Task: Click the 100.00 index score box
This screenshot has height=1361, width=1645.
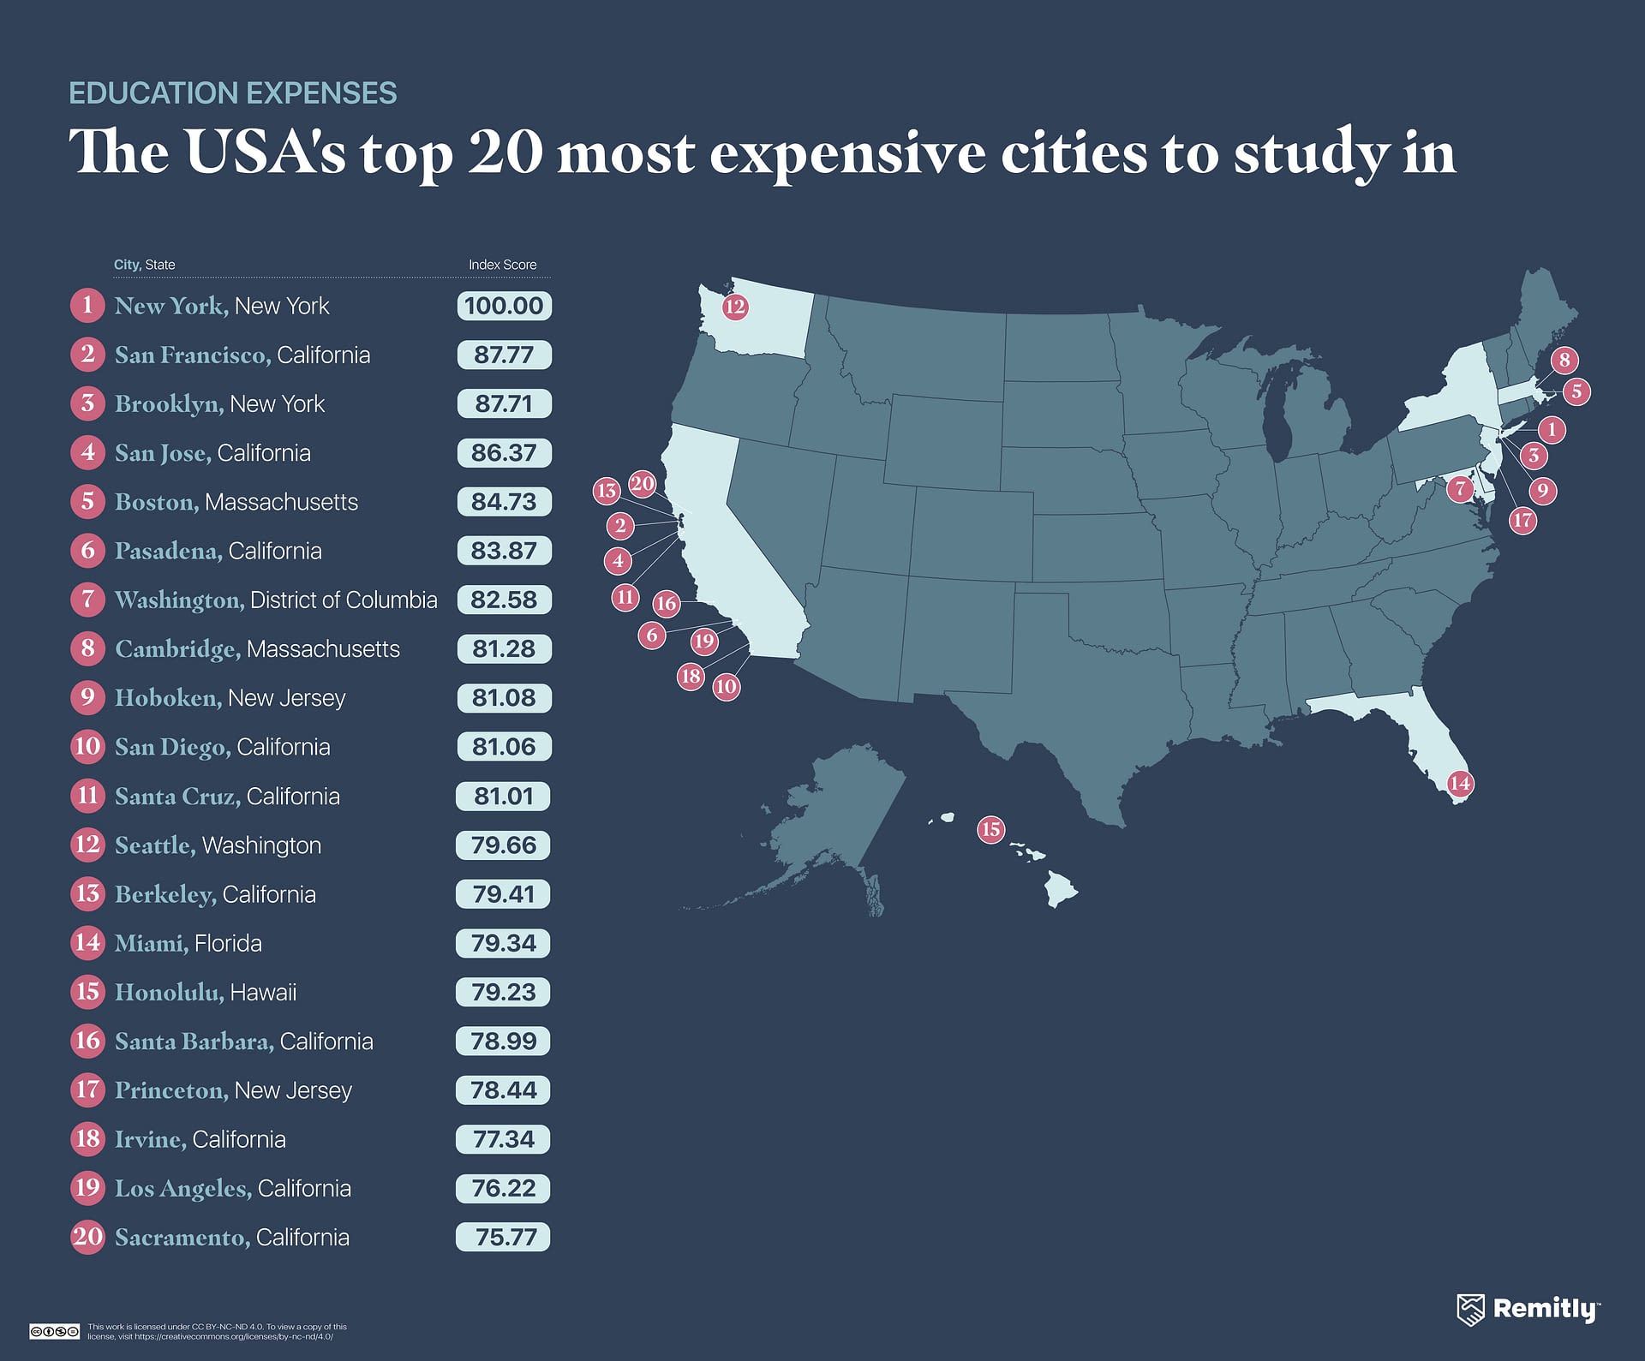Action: pos(504,306)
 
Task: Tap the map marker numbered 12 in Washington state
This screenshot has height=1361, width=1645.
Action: pos(735,307)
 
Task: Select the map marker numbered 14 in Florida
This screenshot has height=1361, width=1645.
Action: pos(1460,783)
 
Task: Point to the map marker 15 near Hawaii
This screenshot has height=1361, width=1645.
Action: pos(990,829)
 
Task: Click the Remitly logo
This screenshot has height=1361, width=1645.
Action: pos(1528,1309)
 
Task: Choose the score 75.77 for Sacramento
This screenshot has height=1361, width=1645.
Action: pos(504,1237)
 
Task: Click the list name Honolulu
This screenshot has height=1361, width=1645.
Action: pos(170,992)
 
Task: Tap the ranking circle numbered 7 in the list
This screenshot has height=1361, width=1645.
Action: pos(87,600)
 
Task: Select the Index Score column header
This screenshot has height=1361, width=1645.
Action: pos(502,265)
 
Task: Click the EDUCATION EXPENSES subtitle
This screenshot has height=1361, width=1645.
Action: pos(233,93)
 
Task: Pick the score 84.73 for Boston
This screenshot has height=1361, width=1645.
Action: pos(504,502)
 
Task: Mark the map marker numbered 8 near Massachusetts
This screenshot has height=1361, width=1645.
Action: pos(1564,360)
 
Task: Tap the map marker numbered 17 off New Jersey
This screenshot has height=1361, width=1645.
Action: pos(1522,520)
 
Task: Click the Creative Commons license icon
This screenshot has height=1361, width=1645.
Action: pos(54,1331)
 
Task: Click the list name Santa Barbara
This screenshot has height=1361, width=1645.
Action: pos(194,1041)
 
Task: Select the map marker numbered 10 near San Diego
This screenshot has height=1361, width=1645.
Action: pos(727,686)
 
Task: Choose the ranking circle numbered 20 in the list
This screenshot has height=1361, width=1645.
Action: pos(87,1237)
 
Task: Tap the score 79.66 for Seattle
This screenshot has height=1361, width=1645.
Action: pos(504,845)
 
